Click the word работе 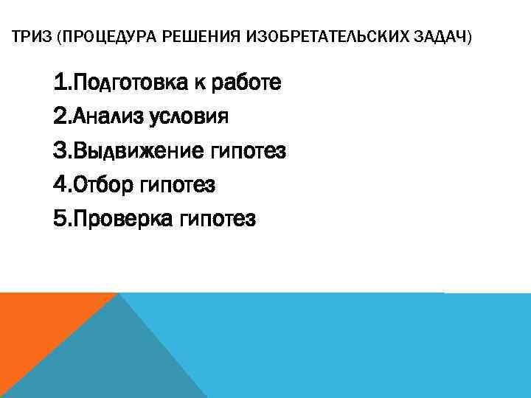[x=246, y=83]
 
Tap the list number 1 [x=59, y=83]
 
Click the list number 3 [x=60, y=151]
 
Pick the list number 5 [x=60, y=219]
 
